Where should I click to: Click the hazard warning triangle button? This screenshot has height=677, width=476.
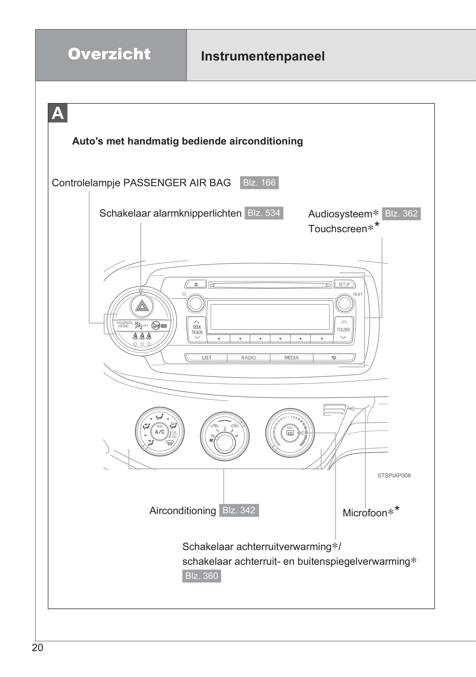tap(142, 305)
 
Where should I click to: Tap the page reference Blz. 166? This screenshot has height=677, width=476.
tap(259, 183)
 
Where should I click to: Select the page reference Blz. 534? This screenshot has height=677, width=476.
tap(264, 213)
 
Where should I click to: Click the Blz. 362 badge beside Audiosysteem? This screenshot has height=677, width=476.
tap(401, 214)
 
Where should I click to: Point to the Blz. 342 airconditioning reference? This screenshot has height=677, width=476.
tap(239, 510)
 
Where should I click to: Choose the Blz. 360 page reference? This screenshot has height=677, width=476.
tap(202, 576)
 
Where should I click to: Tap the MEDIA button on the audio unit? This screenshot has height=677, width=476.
tap(292, 358)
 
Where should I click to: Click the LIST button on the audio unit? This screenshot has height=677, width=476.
tap(207, 358)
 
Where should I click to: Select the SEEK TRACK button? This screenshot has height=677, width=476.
tap(197, 330)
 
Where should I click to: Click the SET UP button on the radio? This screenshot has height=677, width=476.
tap(344, 284)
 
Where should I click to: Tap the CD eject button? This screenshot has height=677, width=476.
tap(196, 284)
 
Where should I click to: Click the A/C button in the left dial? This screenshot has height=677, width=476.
tap(159, 432)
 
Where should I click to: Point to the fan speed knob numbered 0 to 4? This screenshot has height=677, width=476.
tap(225, 442)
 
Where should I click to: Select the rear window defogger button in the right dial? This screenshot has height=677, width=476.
tap(290, 433)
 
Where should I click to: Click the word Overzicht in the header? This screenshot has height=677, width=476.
tap(109, 54)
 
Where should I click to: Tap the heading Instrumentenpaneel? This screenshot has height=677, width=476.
tap(263, 56)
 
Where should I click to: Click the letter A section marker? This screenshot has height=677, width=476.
tap(58, 113)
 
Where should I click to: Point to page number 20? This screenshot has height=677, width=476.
tap(37, 648)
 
